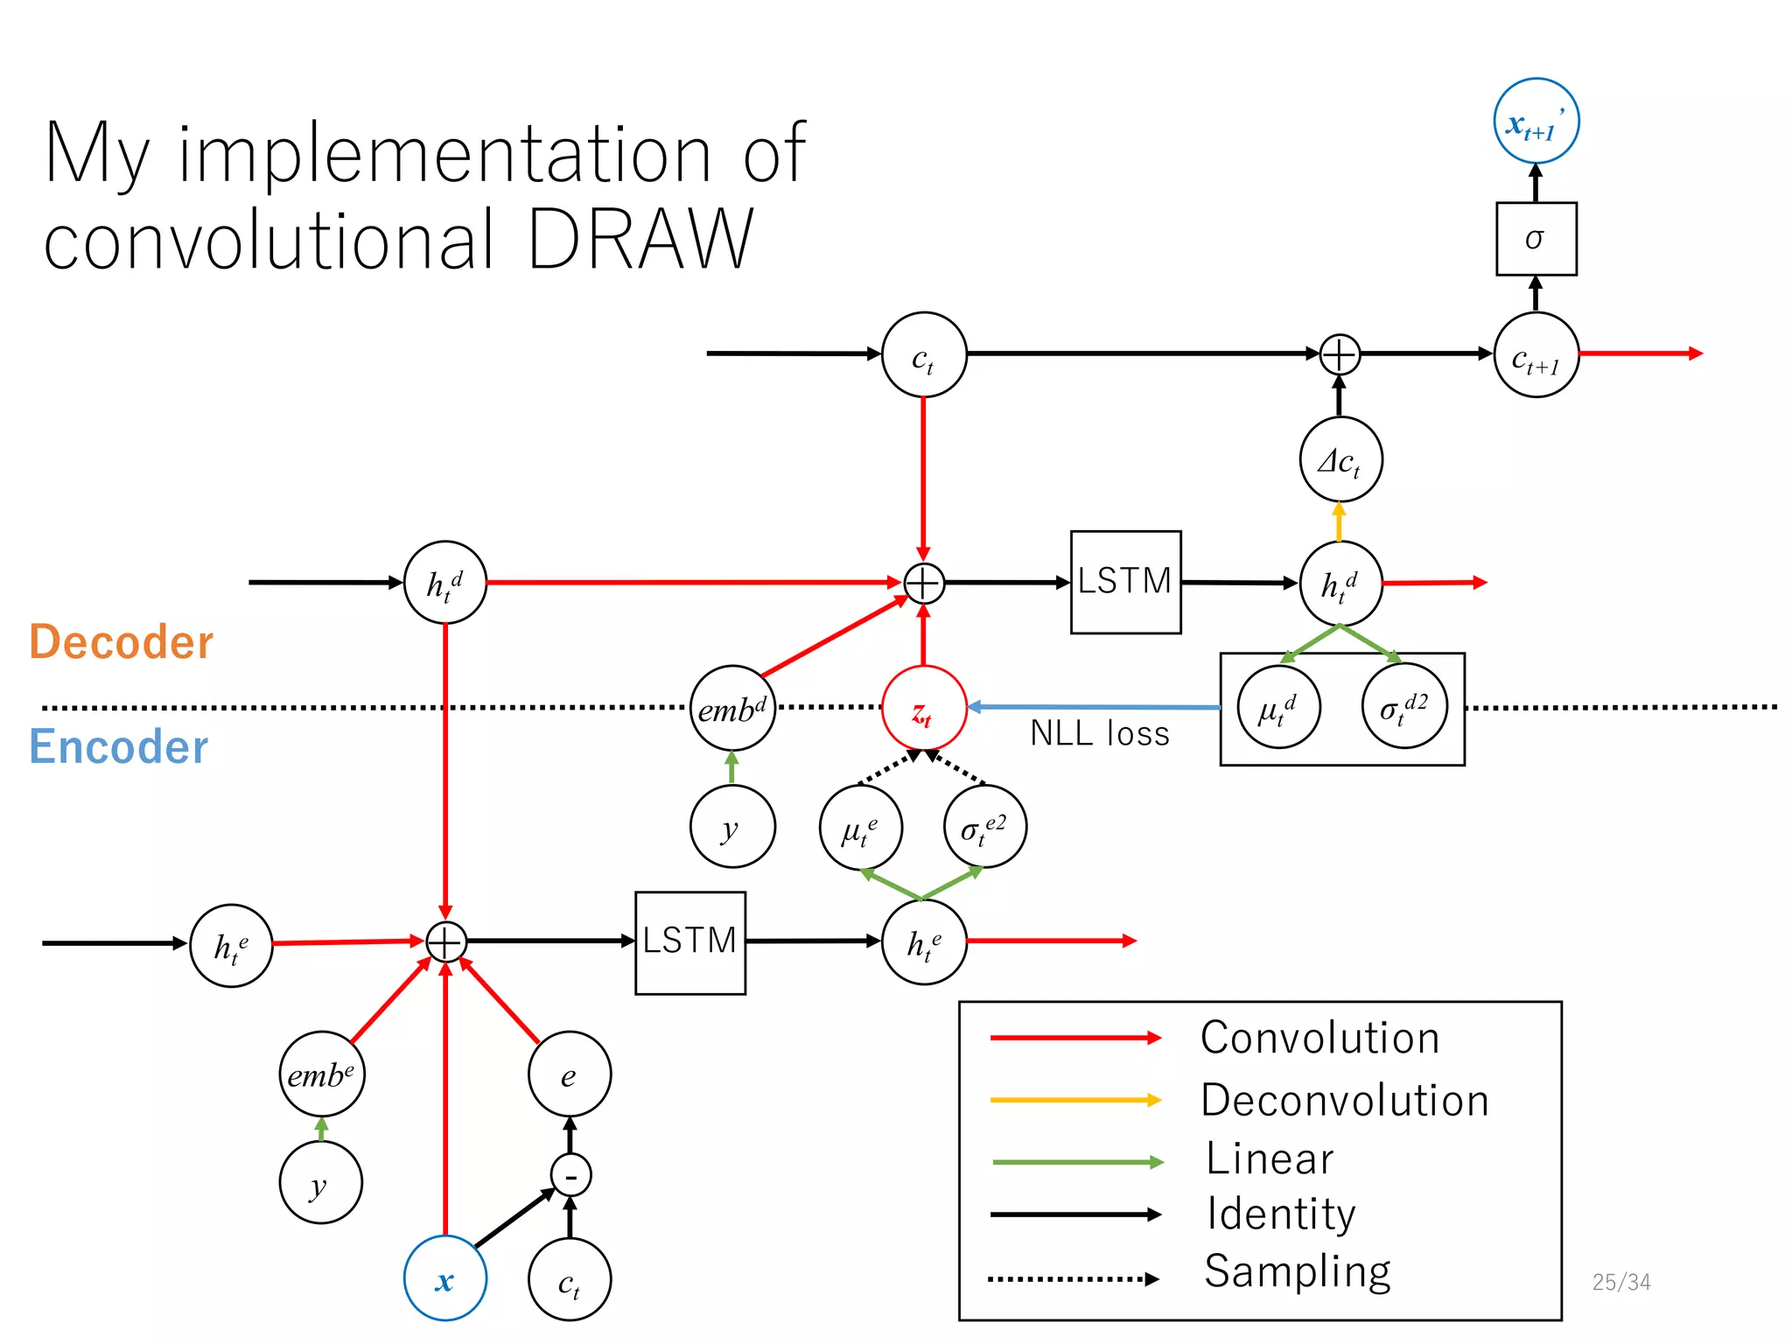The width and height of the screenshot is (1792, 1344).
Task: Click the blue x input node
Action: (444, 1278)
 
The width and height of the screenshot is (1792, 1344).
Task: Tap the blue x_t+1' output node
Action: (1536, 121)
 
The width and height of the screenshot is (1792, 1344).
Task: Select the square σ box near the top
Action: (1536, 239)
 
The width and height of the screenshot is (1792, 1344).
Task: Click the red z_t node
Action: (923, 708)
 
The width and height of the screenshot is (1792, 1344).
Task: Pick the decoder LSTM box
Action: (1125, 582)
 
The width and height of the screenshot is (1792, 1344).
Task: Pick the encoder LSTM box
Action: (689, 942)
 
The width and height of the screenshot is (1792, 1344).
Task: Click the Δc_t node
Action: (1340, 459)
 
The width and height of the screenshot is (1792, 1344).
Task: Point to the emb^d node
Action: (732, 708)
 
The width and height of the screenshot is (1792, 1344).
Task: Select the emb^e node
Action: (321, 1074)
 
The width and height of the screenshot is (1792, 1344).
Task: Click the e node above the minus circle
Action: (569, 1074)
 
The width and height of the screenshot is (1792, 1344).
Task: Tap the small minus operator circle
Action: (570, 1175)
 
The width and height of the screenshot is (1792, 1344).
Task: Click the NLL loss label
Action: (1099, 733)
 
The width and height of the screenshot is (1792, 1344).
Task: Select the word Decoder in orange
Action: (122, 641)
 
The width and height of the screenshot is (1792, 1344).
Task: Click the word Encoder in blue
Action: (119, 746)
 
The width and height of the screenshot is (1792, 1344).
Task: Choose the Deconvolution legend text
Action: (1344, 1100)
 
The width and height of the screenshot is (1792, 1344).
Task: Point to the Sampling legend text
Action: (1297, 1271)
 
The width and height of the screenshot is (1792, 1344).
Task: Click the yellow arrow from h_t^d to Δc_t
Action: (1339, 522)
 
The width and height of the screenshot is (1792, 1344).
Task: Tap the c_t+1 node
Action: (1536, 355)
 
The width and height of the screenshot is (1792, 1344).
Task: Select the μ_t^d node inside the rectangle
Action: (1278, 707)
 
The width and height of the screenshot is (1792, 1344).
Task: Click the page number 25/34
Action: (1620, 1282)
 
